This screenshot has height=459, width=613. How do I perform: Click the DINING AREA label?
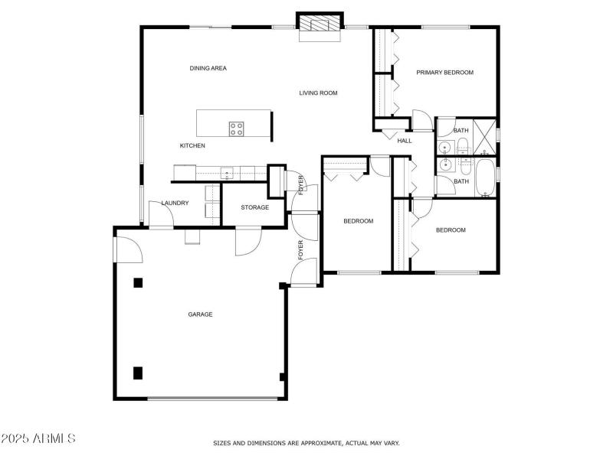pyautogui.click(x=208, y=68)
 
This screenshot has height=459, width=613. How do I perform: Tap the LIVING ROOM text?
pyautogui.click(x=318, y=93)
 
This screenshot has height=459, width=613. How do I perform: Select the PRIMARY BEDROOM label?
pyautogui.click(x=445, y=72)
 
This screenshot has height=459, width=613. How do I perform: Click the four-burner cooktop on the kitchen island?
pyautogui.click(x=237, y=129)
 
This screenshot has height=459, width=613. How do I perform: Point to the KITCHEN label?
pyautogui.click(x=192, y=145)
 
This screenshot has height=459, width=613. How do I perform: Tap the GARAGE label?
pyautogui.click(x=200, y=314)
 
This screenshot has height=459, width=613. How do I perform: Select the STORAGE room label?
pyautogui.click(x=255, y=207)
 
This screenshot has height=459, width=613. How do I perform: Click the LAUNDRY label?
pyautogui.click(x=175, y=203)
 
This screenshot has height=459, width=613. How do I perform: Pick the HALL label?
pyautogui.click(x=405, y=141)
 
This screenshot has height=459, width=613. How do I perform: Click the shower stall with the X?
pyautogui.click(x=484, y=137)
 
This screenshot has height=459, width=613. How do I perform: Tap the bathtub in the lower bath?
pyautogui.click(x=485, y=177)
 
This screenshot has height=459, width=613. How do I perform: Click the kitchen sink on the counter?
pyautogui.click(x=226, y=173)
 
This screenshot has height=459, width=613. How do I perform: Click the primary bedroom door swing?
pyautogui.click(x=423, y=120)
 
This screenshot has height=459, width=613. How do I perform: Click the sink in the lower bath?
pyautogui.click(x=444, y=165)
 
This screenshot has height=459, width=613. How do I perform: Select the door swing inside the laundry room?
pyautogui.click(x=161, y=213)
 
